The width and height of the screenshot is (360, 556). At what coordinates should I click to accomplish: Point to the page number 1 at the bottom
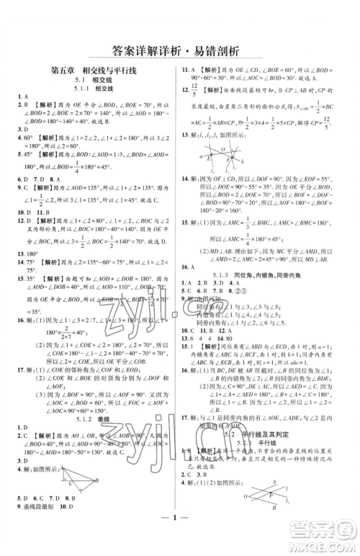[x=179, y=534]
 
